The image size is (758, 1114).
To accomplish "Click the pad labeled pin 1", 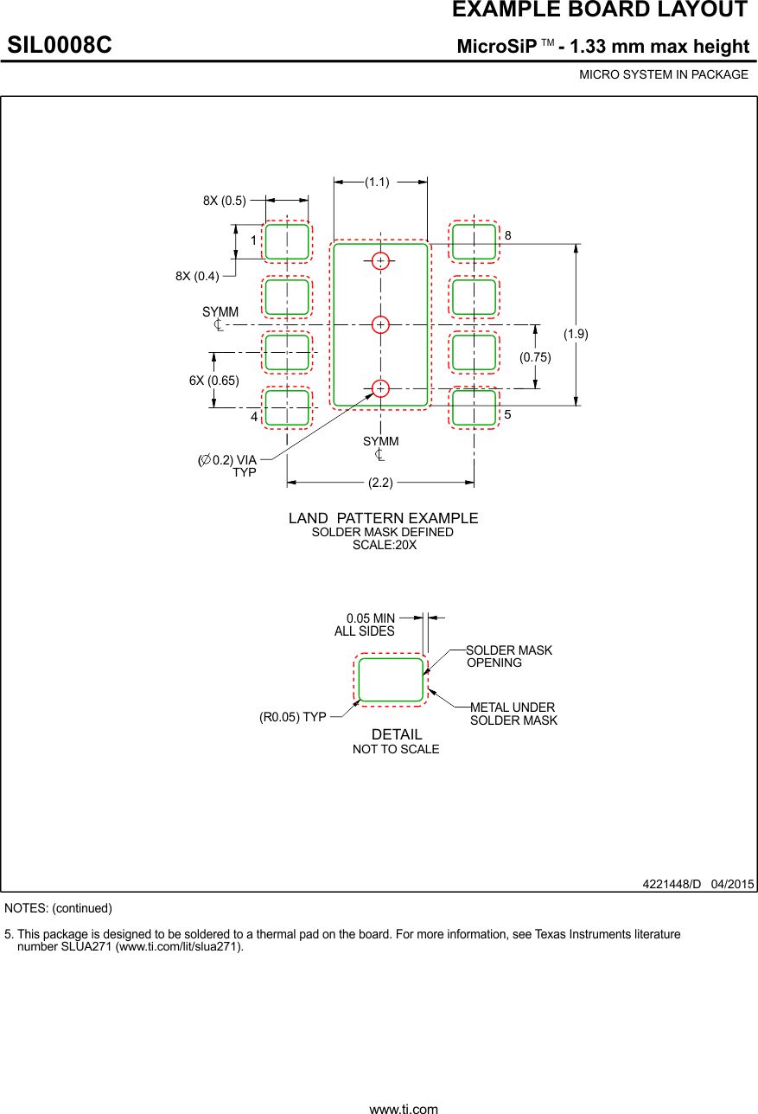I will (287, 241).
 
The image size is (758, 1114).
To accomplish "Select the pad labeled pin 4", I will (287, 407).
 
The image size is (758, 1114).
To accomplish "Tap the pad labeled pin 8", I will (474, 241).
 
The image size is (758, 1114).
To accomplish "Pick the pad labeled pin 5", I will (474, 407).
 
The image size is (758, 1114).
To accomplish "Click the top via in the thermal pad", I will (380, 260).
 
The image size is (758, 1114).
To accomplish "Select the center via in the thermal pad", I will (380, 324).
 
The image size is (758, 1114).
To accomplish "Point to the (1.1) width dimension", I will (377, 182).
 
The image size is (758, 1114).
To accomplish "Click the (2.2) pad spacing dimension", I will (380, 482).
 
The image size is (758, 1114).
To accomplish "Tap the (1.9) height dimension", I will (576, 334).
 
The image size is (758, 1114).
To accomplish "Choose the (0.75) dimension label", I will (535, 356).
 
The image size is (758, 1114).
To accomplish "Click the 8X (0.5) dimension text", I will (225, 201).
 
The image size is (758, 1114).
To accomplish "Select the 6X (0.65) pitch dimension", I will (214, 380).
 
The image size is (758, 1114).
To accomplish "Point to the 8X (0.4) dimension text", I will (197, 276).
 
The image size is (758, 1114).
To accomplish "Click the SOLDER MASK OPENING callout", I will (508, 656).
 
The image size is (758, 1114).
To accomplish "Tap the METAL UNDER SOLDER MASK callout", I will (513, 714).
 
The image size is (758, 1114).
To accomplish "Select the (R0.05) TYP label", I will (293, 717).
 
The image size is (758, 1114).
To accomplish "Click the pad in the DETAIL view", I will (391, 679).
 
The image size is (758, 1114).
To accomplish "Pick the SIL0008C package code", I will (60, 45).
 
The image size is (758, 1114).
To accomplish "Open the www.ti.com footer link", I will (404, 1108).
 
